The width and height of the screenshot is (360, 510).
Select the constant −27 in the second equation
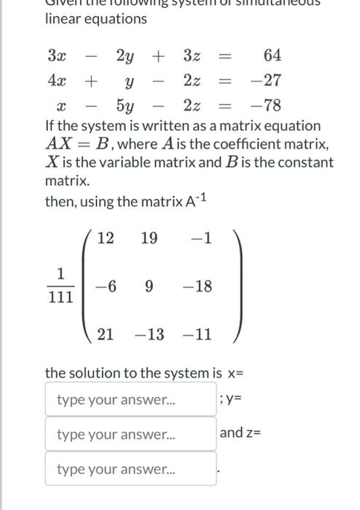pyautogui.click(x=267, y=80)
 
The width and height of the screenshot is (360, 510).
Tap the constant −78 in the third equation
pyautogui.click(x=267, y=106)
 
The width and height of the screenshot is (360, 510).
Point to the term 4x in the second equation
pyautogui.click(x=55, y=80)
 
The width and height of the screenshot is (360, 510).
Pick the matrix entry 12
pyautogui.click(x=106, y=238)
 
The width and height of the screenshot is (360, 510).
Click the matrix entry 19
pyautogui.click(x=149, y=238)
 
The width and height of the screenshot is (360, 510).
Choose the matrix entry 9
pyautogui.click(x=149, y=286)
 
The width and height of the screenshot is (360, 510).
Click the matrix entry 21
pyautogui.click(x=106, y=334)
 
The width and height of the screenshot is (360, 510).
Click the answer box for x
pyautogui.click(x=131, y=400)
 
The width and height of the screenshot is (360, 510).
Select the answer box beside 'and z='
pyautogui.click(x=131, y=434)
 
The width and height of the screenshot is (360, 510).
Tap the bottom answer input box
pyautogui.click(x=131, y=468)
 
